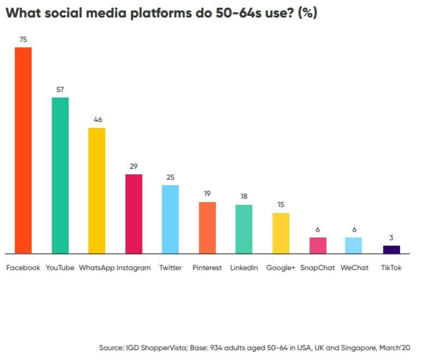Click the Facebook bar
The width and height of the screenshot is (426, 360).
click(23, 150)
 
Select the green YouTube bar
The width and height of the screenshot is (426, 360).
click(60, 175)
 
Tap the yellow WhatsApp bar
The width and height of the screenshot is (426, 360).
click(96, 191)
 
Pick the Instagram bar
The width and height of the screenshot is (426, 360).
click(133, 214)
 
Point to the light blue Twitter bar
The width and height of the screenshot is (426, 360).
click(170, 219)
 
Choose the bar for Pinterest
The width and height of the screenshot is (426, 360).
click(207, 228)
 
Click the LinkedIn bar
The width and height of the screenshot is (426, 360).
click(244, 229)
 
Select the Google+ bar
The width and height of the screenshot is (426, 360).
click(281, 233)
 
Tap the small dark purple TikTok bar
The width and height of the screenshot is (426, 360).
click(391, 249)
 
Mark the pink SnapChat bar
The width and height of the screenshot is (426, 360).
click(318, 246)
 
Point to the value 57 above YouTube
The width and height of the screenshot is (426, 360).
click(60, 89)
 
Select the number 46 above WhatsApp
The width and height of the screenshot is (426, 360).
click(98, 119)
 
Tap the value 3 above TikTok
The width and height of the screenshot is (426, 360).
click(391, 237)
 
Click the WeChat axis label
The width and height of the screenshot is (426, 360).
click(354, 268)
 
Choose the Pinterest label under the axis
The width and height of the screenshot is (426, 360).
click(207, 268)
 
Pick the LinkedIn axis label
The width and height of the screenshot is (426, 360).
click(244, 268)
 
